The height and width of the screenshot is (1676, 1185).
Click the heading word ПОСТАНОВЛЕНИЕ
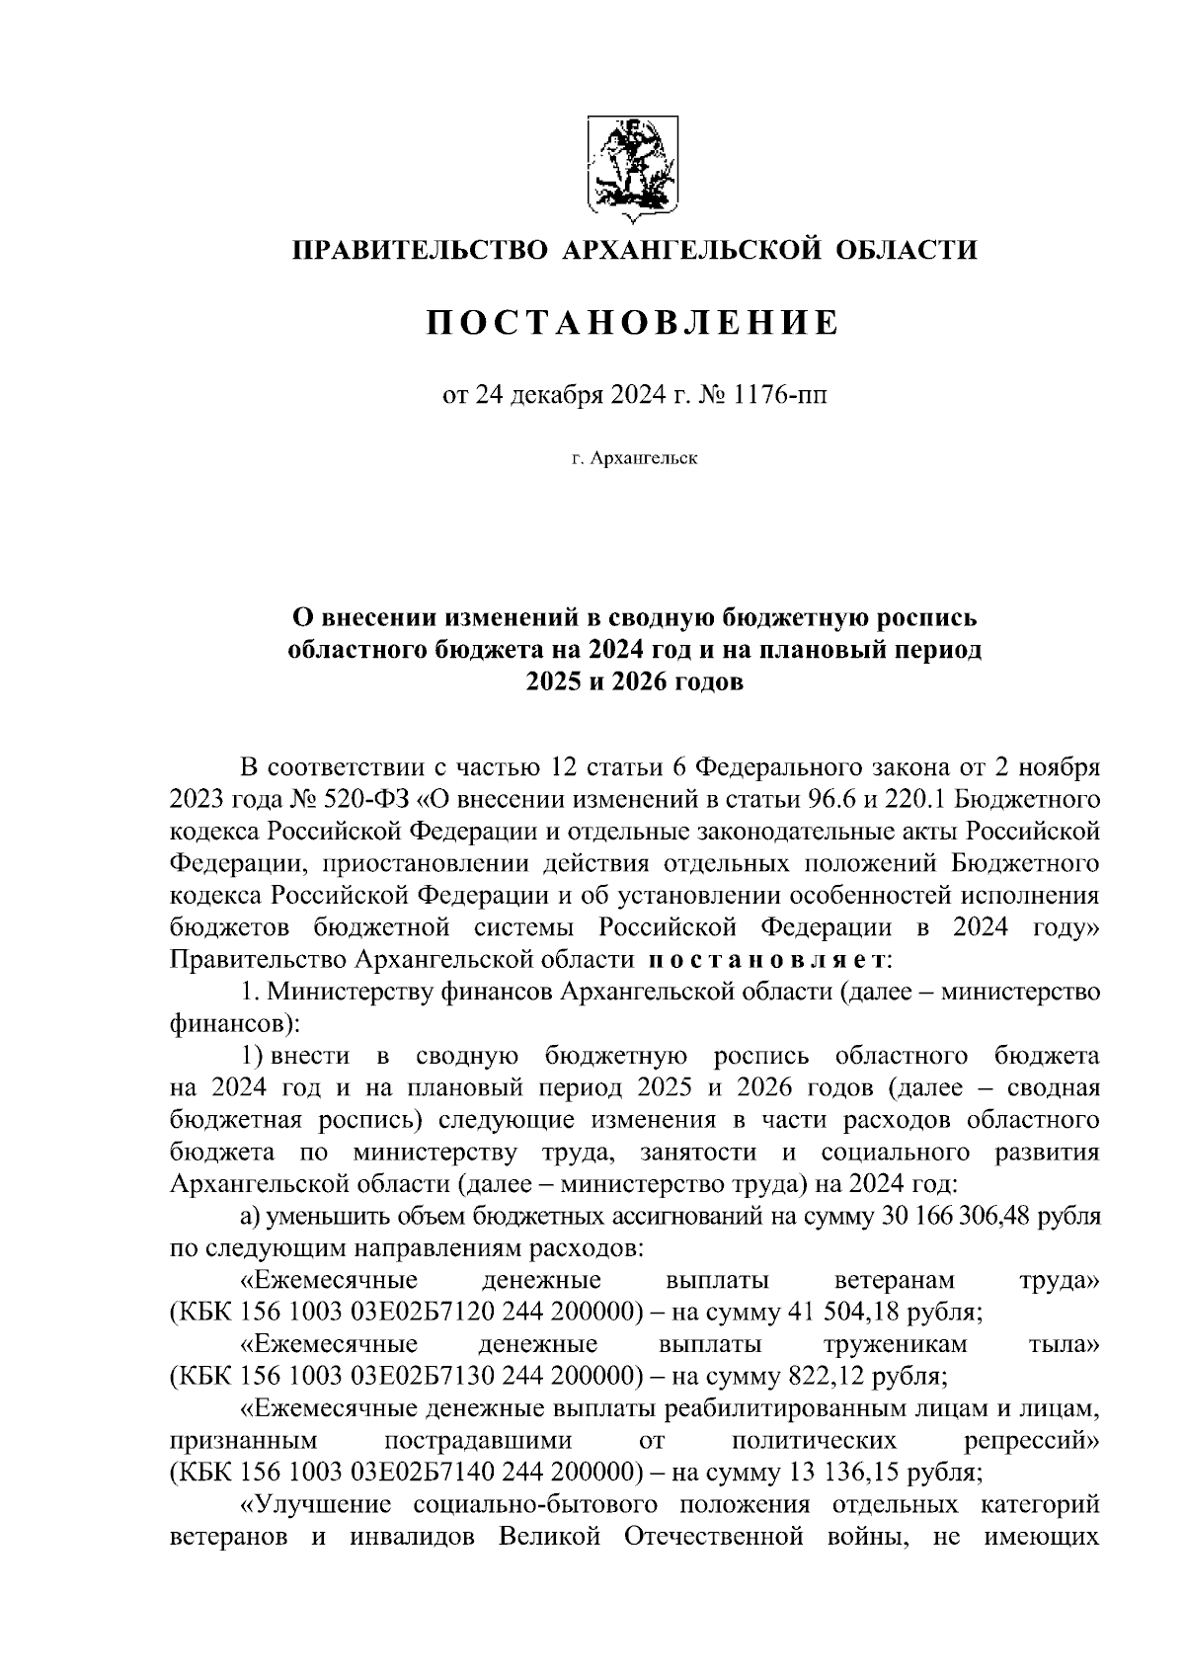tap(633, 322)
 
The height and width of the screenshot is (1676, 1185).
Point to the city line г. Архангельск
tap(633, 459)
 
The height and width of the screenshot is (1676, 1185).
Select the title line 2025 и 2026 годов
tap(633, 683)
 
